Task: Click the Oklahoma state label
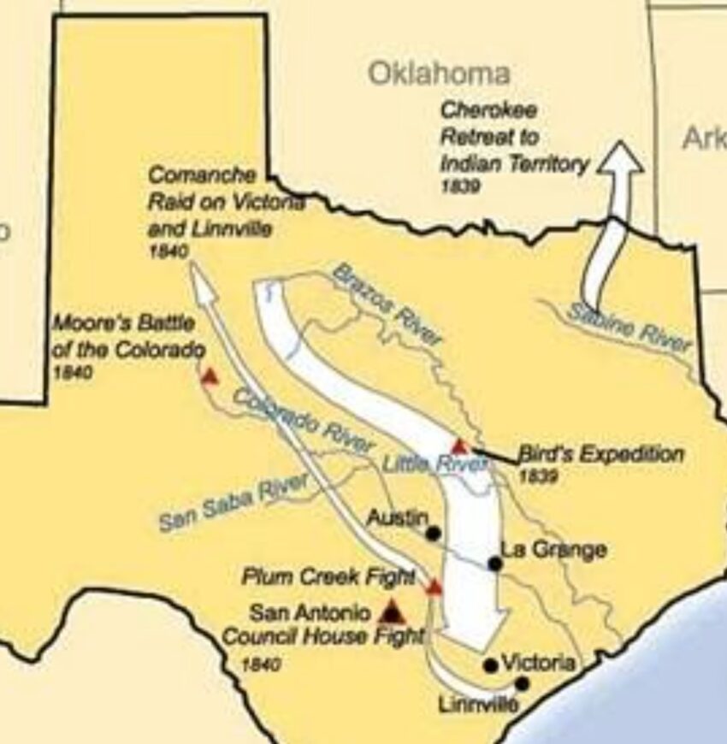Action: pyautogui.click(x=439, y=74)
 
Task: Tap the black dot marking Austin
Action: pyautogui.click(x=434, y=534)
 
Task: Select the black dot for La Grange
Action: pyautogui.click(x=494, y=563)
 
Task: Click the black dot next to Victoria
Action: pyautogui.click(x=490, y=664)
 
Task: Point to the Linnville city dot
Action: pyautogui.click(x=522, y=683)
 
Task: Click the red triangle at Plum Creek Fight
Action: pyautogui.click(x=434, y=588)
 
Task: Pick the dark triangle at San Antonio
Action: pyautogui.click(x=392, y=611)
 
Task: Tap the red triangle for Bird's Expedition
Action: pyautogui.click(x=459, y=446)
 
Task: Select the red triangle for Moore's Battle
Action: pyautogui.click(x=209, y=376)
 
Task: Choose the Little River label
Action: pyautogui.click(x=434, y=464)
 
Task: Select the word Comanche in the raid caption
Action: pyautogui.click(x=202, y=175)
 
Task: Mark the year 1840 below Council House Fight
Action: pyautogui.click(x=260, y=664)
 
